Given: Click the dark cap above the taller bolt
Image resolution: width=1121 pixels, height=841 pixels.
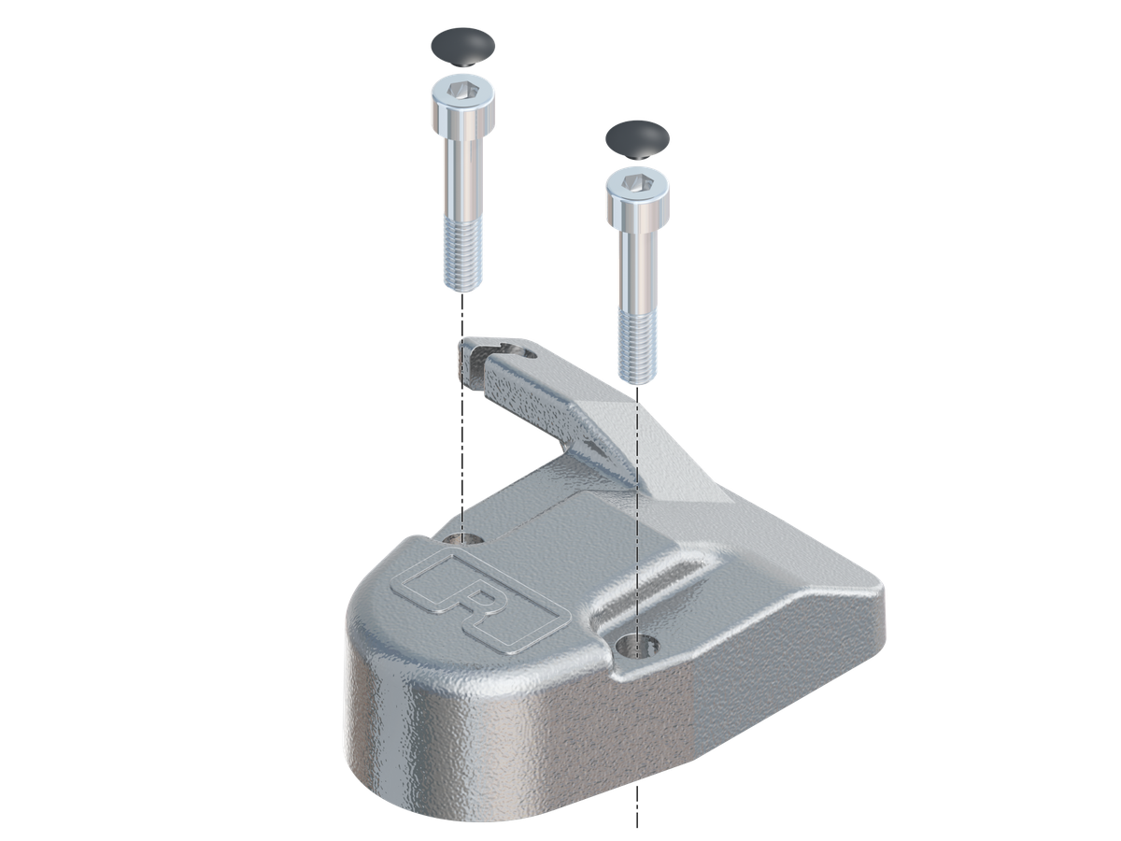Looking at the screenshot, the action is [x=462, y=47].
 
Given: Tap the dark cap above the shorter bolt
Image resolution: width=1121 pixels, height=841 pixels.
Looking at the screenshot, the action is [x=637, y=140].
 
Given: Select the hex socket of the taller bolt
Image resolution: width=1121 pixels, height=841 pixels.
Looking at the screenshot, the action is [x=462, y=91].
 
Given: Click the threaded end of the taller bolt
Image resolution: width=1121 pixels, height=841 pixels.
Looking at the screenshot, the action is [x=462, y=253].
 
